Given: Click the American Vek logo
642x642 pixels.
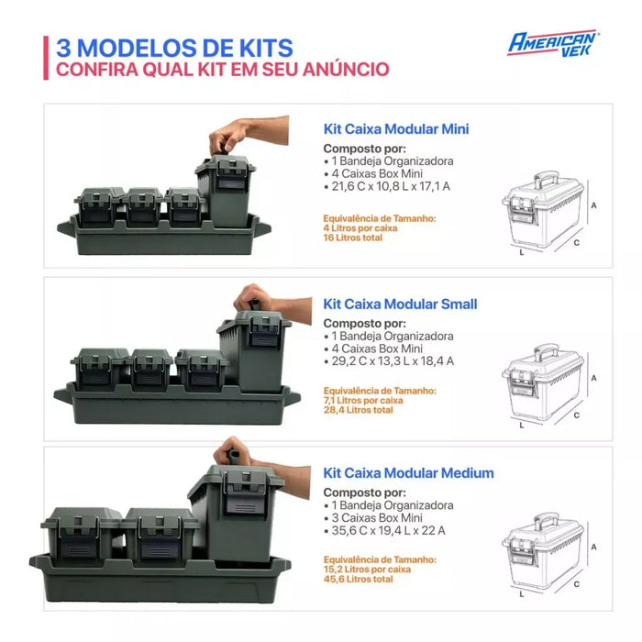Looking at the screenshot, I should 553,42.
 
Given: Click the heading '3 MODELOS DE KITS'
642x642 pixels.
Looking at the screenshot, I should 174,47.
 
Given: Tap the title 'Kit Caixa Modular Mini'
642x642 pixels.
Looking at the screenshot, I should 395,129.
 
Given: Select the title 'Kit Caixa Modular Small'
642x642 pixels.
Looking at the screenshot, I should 400,304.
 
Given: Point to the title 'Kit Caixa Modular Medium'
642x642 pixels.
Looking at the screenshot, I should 408,473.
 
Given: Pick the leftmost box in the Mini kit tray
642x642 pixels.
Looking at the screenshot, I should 100,208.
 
